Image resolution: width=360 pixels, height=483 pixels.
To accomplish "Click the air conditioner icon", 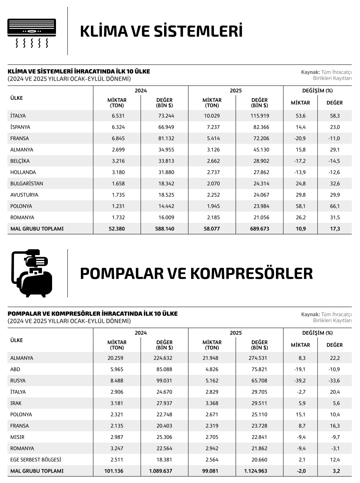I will (x=32, y=33).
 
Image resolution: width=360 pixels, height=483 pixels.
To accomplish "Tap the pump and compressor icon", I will (x=32, y=273).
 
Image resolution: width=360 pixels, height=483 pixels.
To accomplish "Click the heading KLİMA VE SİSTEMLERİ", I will (x=161, y=31).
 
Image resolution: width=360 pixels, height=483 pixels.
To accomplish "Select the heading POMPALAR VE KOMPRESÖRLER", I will (x=196, y=273).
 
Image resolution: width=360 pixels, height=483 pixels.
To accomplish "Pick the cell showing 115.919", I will (x=260, y=116).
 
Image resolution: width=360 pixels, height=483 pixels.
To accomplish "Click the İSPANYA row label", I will (x=20, y=127).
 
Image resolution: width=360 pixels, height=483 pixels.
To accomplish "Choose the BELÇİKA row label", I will (x=20, y=161).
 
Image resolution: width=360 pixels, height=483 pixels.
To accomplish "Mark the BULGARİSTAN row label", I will (x=26, y=184).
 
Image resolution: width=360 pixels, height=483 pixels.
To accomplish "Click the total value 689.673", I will (x=260, y=229).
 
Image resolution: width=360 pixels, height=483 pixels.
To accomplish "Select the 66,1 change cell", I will (x=334, y=206).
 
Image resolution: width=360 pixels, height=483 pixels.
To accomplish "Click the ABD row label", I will (x=15, y=369).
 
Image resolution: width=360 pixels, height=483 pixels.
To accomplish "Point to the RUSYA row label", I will (x=18, y=381).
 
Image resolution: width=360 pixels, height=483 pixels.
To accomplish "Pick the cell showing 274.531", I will (x=260, y=358).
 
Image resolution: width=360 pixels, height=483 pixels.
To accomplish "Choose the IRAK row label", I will (x=16, y=403).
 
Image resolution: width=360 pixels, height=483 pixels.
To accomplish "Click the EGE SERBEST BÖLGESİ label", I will (x=36, y=460).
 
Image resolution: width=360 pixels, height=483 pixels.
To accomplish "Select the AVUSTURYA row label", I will (x=24, y=195).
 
